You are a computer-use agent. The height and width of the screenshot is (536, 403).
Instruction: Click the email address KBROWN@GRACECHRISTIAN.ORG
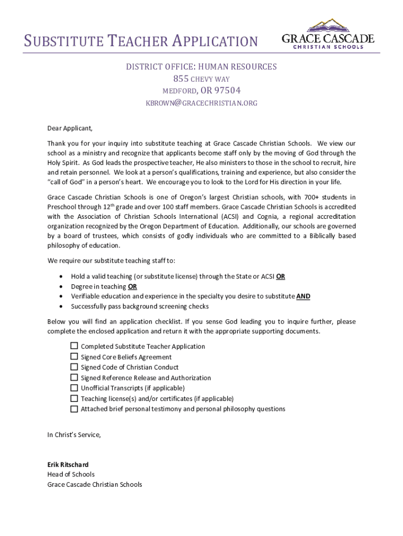tap(201, 103)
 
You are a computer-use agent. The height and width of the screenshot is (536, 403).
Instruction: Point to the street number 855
tap(180, 79)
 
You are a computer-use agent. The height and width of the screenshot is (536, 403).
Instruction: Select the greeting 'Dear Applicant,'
tap(70, 128)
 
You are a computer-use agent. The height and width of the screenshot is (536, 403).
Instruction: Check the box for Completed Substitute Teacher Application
tap(74, 346)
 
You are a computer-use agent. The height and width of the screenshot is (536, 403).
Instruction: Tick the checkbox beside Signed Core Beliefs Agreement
tap(74, 356)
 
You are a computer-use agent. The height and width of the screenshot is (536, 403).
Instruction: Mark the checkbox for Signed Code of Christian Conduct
tap(74, 367)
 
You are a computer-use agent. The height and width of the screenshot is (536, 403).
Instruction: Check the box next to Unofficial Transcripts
tap(74, 388)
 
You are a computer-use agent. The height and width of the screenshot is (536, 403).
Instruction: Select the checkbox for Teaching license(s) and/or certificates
tap(74, 398)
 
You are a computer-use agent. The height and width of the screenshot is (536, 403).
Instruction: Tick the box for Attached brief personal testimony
tap(74, 409)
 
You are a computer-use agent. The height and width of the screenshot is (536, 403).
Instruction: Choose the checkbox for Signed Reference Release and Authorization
tap(74, 377)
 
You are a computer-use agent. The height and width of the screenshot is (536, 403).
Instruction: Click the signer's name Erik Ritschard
tap(68, 465)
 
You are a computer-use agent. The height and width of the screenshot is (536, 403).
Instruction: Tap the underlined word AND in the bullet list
tap(303, 296)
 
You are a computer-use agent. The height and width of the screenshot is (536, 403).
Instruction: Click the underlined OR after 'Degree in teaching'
tap(132, 287)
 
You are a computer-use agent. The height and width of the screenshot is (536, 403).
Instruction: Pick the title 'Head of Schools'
tap(71, 475)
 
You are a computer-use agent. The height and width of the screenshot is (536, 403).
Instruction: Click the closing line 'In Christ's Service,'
tap(74, 435)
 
